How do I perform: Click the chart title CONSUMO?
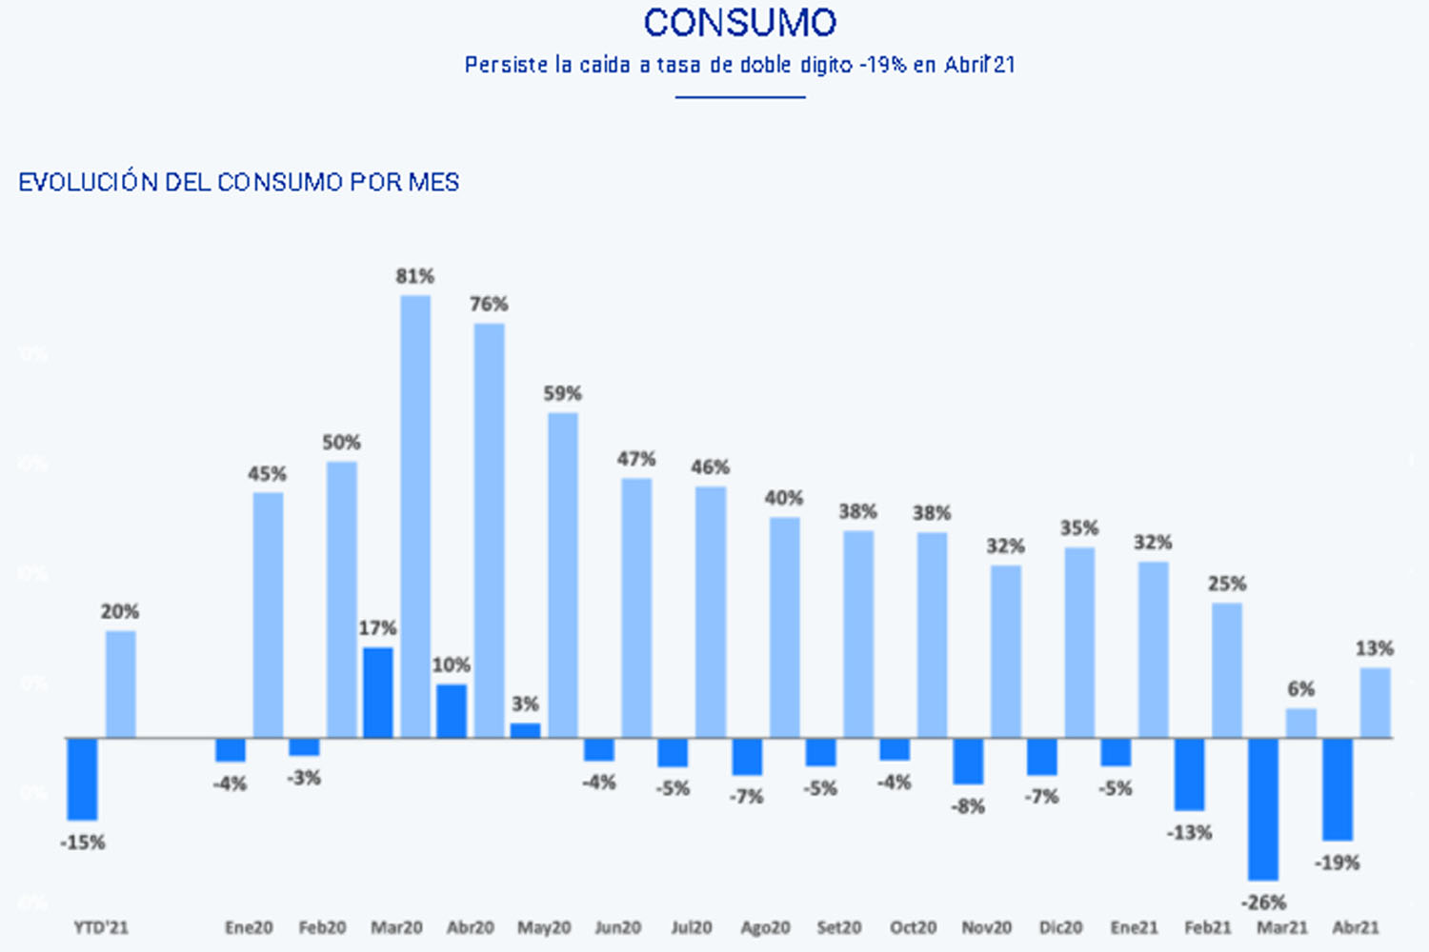739,23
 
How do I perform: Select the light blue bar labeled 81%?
415,516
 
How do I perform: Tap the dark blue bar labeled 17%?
378,692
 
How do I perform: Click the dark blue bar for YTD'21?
83,779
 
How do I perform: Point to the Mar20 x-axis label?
396,927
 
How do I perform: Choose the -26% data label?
1263,902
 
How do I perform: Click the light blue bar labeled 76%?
489,530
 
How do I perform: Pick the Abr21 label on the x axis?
1356,927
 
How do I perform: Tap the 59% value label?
562,393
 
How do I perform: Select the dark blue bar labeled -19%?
1338,789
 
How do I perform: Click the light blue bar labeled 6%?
1300,723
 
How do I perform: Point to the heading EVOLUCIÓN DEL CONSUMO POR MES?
238,182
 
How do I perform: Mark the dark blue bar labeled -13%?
1190,774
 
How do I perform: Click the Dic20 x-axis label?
1061,927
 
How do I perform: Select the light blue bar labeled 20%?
120,684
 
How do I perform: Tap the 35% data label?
1079,528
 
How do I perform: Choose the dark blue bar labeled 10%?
452,710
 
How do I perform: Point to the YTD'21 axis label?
101,927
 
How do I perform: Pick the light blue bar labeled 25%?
1227,669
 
